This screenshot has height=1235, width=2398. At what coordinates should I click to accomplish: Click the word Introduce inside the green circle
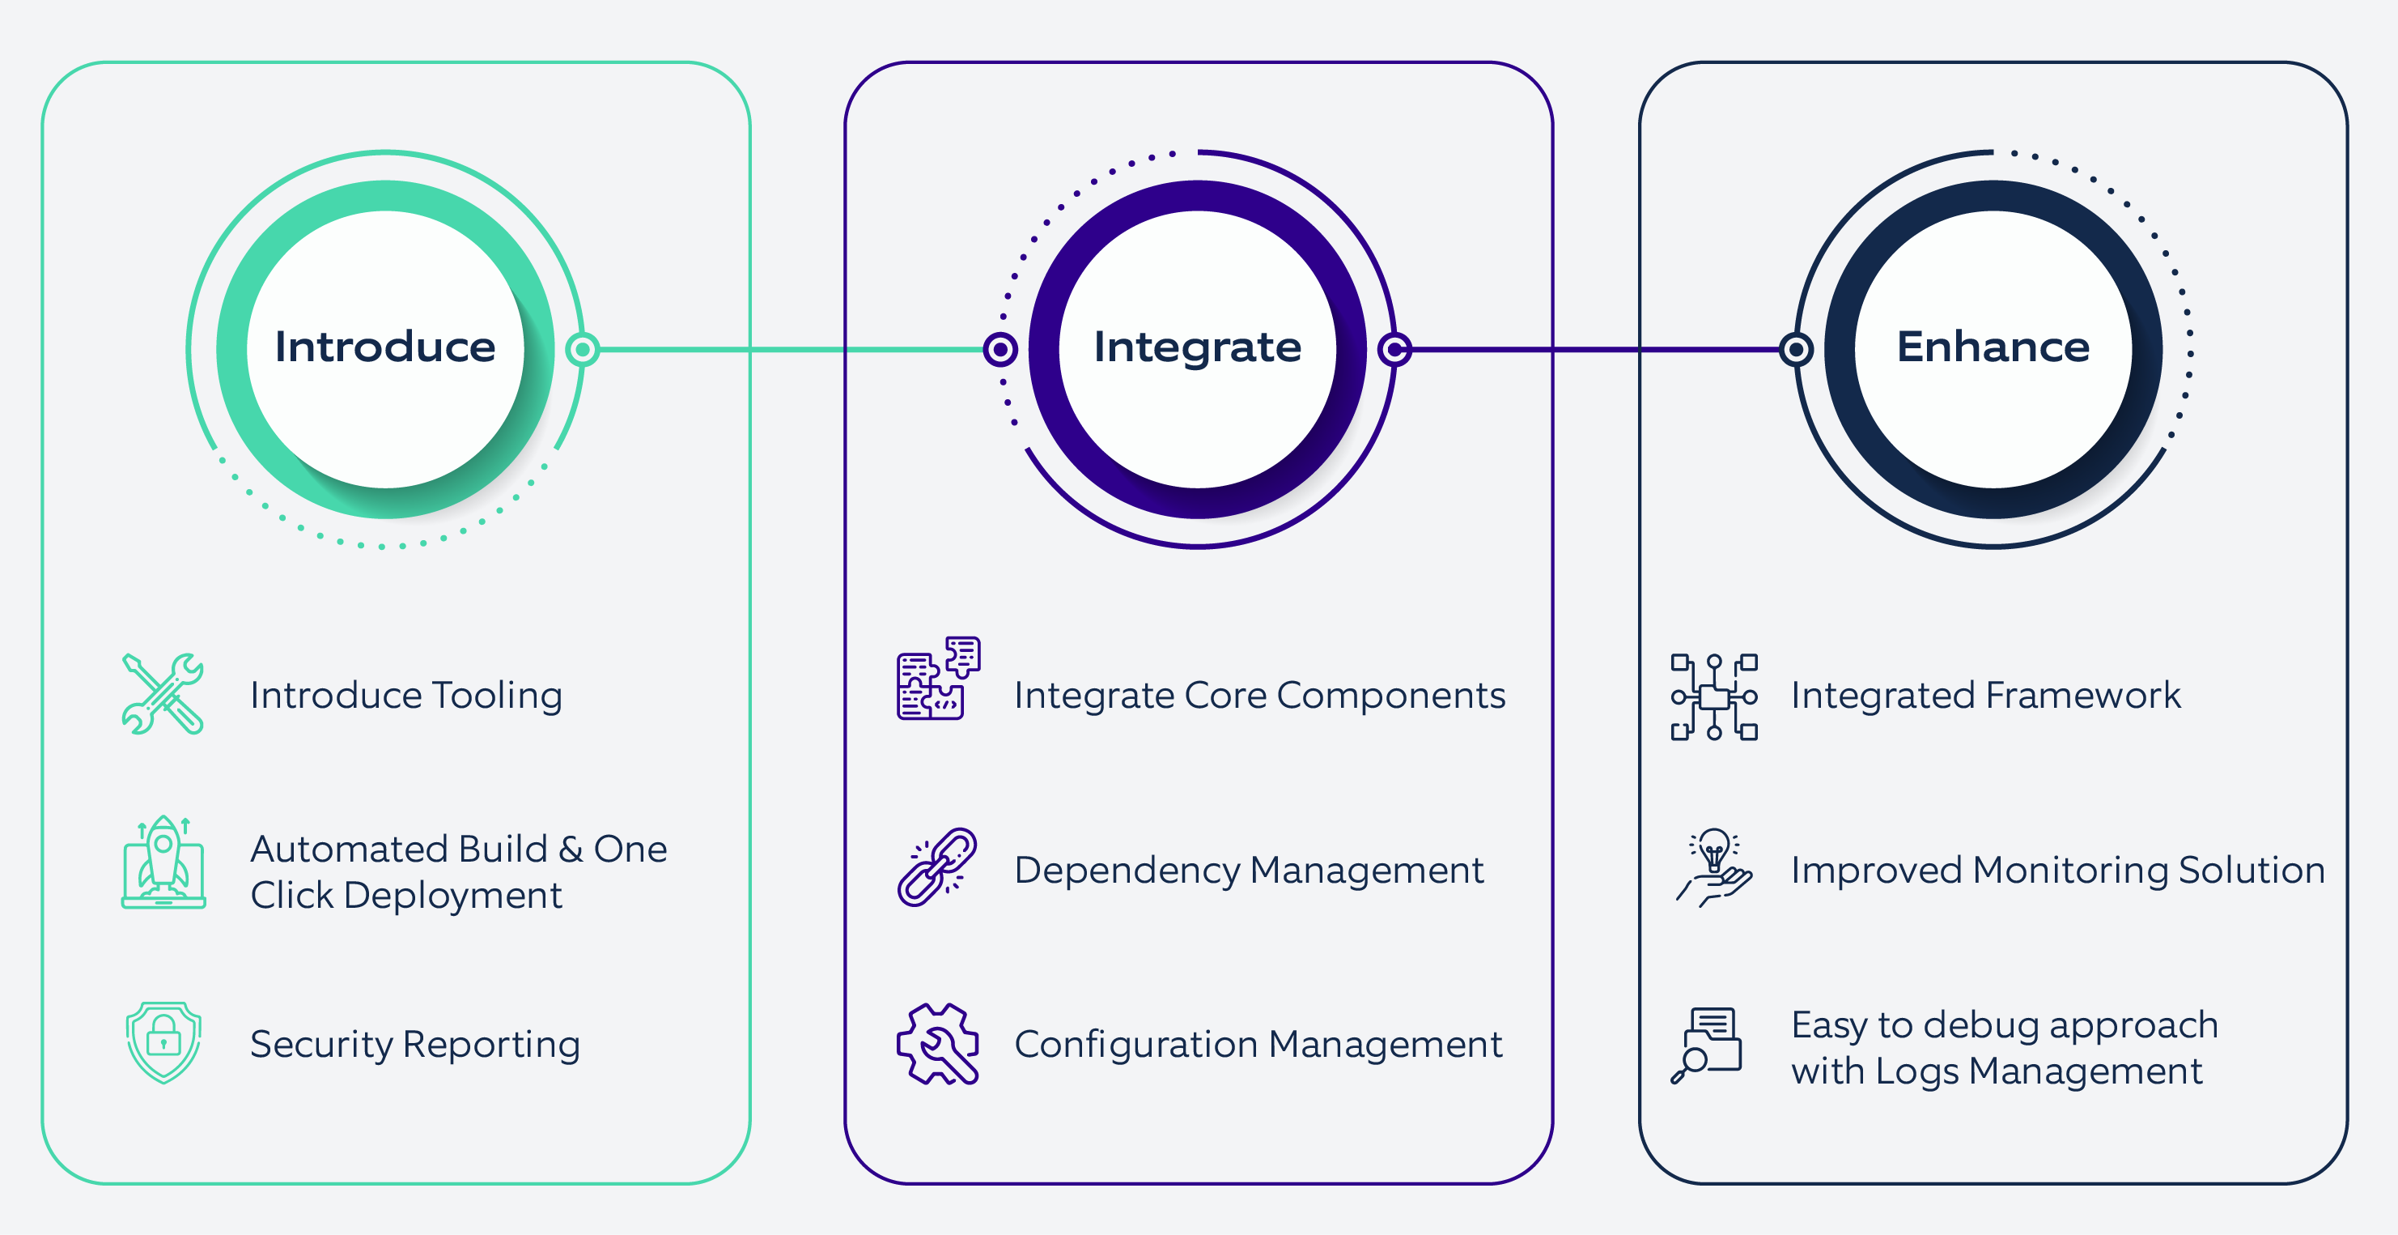tap(384, 347)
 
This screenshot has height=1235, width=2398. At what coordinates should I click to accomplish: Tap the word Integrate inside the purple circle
tap(1197, 347)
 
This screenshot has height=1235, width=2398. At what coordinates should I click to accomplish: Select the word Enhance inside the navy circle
tap(1993, 347)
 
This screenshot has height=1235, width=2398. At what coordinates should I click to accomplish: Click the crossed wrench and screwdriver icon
tap(163, 694)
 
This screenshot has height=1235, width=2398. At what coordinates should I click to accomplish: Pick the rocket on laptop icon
tap(163, 862)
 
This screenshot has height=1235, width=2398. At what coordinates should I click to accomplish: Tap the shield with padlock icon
tap(163, 1042)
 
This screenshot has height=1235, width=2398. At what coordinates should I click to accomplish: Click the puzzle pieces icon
tap(938, 678)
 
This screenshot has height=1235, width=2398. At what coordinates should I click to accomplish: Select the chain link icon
tap(936, 867)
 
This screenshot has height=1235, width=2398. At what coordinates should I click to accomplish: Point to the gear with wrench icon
tap(937, 1043)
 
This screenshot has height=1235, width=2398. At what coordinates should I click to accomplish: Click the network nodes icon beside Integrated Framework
tap(1714, 696)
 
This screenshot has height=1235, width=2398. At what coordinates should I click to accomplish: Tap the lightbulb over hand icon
tap(1714, 867)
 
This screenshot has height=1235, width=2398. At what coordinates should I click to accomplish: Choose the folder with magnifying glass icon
tap(1706, 1044)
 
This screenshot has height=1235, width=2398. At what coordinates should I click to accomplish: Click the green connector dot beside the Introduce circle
tap(583, 349)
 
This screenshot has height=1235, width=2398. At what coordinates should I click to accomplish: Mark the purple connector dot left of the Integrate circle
tap(1000, 349)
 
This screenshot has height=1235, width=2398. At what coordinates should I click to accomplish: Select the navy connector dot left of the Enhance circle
tap(1796, 349)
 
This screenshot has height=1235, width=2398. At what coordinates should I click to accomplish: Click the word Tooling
tap(496, 696)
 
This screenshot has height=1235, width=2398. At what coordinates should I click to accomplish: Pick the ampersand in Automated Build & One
tap(570, 850)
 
